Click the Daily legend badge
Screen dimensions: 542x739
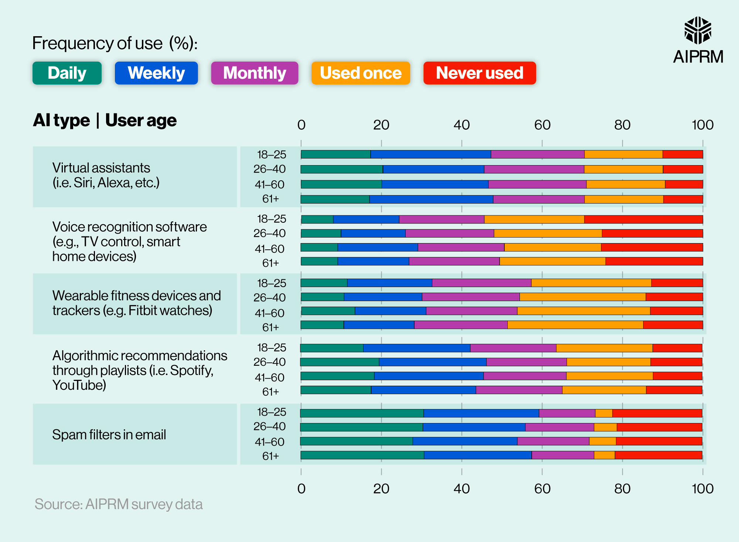pyautogui.click(x=67, y=73)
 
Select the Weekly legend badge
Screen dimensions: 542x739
pyautogui.click(x=156, y=73)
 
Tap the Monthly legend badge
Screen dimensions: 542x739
pyautogui.click(x=255, y=73)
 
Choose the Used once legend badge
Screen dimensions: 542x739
pyautogui.click(x=361, y=73)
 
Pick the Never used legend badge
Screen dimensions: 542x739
pyautogui.click(x=479, y=73)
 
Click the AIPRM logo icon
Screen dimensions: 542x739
pyautogui.click(x=698, y=30)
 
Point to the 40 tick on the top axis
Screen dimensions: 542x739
pyautogui.click(x=462, y=125)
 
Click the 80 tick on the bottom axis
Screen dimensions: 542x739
pyautogui.click(x=622, y=489)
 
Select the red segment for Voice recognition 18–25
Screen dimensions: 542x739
pyautogui.click(x=643, y=219)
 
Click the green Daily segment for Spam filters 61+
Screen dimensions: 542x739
pyautogui.click(x=362, y=455)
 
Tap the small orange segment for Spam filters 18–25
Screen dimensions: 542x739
pyautogui.click(x=604, y=413)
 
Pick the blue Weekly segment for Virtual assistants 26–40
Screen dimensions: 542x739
pyautogui.click(x=433, y=169)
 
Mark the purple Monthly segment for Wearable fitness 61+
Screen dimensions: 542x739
pyautogui.click(x=461, y=325)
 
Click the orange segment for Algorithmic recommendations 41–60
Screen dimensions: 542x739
pyautogui.click(x=609, y=376)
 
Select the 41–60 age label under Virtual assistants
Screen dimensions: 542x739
pyautogui.click(x=269, y=184)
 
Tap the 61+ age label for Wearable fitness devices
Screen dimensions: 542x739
pyautogui.click(x=270, y=327)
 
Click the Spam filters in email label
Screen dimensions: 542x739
pyautogui.click(x=109, y=434)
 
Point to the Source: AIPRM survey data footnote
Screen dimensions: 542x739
pyautogui.click(x=119, y=504)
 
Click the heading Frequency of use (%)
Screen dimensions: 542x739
pyautogui.click(x=115, y=44)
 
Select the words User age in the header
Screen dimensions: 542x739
pyautogui.click(x=141, y=120)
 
